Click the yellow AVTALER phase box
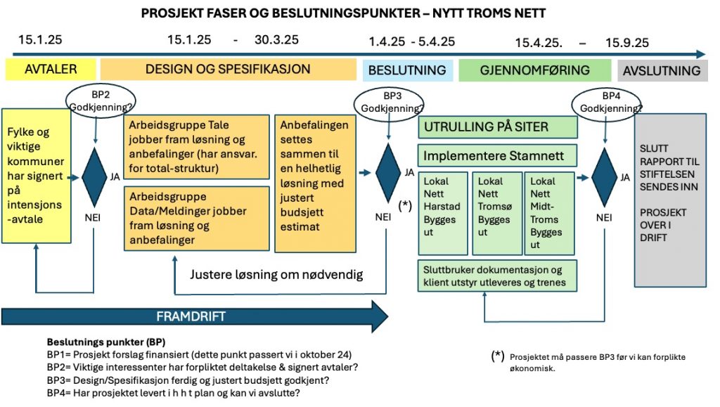coord(51,70)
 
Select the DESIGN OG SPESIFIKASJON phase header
coord(228,70)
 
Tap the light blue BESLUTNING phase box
coord(408,70)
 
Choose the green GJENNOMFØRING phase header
coord(535,70)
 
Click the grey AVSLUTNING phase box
coord(662,70)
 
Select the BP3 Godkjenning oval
coord(390,103)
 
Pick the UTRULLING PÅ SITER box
coord(498,127)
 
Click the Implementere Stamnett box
coord(498,155)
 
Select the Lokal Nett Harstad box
coord(442,212)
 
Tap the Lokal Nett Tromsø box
coord(496,212)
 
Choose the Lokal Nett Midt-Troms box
coord(551,212)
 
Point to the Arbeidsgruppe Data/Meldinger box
coord(196,219)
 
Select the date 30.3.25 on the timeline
coord(276,40)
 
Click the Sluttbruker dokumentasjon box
coord(498,276)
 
